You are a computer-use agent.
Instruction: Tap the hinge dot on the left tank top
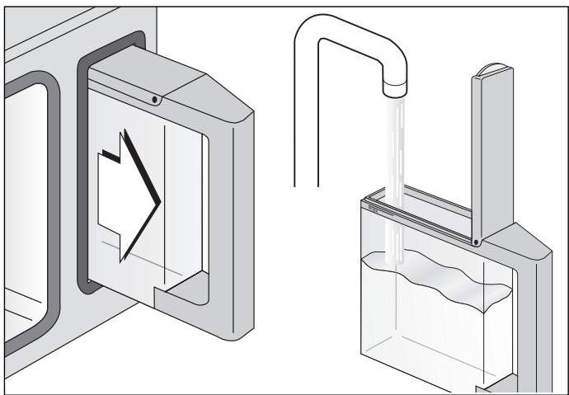(x=155, y=99)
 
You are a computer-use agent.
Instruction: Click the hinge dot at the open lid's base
(x=477, y=242)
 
